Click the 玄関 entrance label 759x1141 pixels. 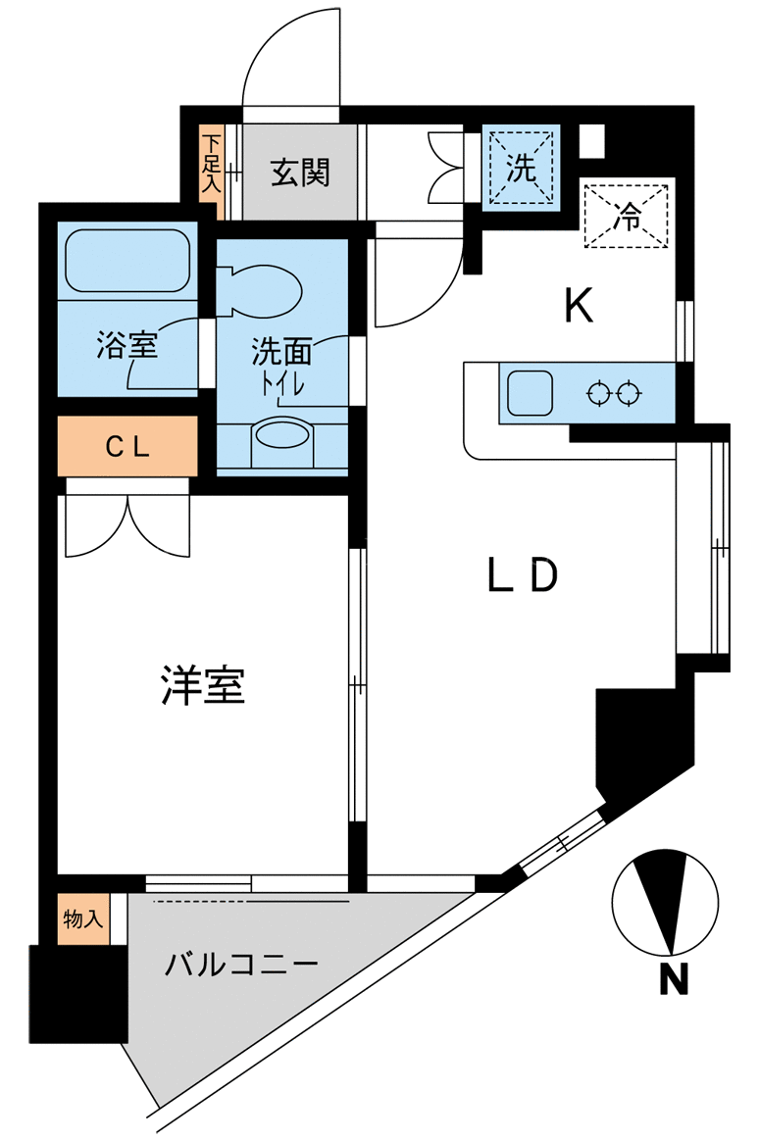(300, 174)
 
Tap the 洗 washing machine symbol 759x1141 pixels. (521, 168)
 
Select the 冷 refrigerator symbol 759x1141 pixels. (627, 216)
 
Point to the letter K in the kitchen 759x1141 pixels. (580, 306)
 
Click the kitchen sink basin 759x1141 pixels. (530, 393)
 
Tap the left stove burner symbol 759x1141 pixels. (597, 394)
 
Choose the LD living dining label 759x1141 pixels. (523, 574)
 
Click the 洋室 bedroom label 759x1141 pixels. (203, 685)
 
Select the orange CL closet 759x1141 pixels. (128, 445)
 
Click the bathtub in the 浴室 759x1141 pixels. (127, 262)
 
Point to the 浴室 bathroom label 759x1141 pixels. (126, 345)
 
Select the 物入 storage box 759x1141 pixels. (83, 919)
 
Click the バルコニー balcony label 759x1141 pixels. (241, 965)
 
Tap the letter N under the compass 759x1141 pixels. (673, 978)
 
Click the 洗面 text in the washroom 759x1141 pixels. (281, 352)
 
